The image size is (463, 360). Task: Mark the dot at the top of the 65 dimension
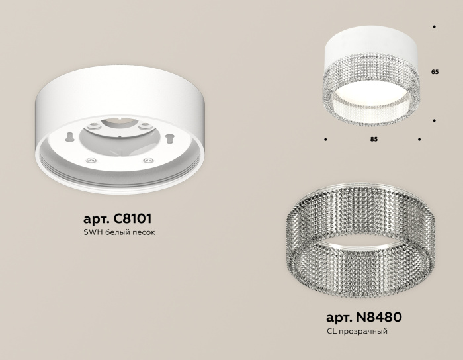[434, 27]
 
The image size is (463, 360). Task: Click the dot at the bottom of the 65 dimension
[434, 120]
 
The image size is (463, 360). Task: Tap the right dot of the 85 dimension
[419, 140]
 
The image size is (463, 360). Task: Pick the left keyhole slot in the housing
[69, 136]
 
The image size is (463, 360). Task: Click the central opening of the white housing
[119, 136]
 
